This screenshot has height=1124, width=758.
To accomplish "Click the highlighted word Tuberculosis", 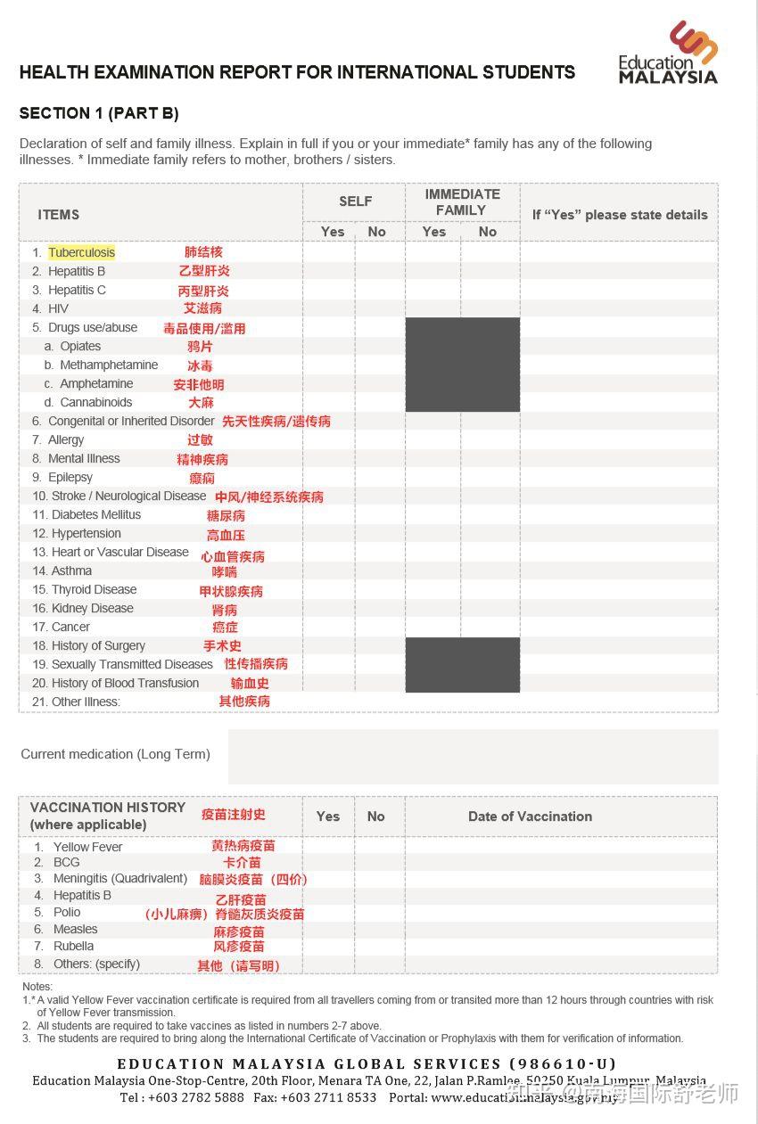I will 81,252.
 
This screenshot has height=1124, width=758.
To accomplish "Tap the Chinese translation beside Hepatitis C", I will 203,291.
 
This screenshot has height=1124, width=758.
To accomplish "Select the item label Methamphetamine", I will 109,365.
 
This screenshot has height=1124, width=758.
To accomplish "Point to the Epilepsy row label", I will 70,477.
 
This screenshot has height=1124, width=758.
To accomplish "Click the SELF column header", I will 355,201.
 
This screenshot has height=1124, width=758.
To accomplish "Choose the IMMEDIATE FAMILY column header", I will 462,201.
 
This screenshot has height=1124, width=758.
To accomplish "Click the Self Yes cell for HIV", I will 329,308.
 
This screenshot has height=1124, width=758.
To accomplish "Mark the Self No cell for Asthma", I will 380,570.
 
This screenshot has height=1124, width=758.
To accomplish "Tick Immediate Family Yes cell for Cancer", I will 433,627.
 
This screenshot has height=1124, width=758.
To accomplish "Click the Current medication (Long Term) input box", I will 473,756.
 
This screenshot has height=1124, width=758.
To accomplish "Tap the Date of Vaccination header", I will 530,816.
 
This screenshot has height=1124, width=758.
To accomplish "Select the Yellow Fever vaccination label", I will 87,847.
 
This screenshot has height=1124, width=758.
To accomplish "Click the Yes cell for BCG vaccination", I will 328,863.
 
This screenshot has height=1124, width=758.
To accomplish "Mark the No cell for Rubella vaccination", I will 379,947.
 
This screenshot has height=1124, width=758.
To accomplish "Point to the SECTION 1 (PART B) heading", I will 99,113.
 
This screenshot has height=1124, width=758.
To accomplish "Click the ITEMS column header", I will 59,215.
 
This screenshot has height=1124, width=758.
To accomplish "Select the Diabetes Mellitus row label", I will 96,514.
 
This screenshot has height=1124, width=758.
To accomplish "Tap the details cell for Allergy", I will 619,439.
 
